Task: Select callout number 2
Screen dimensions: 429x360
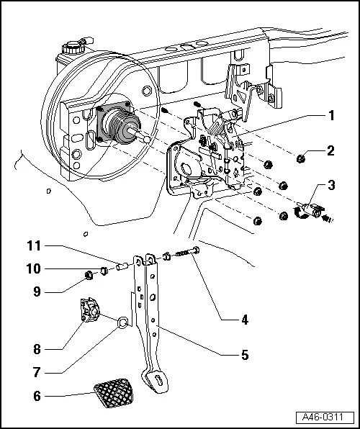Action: tap(330, 151)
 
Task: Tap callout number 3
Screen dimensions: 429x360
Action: tap(330, 186)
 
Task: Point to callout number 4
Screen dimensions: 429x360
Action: tap(246, 320)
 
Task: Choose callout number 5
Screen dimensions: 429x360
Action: tap(246, 355)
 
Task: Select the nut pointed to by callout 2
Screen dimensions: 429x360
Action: tap(302, 157)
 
